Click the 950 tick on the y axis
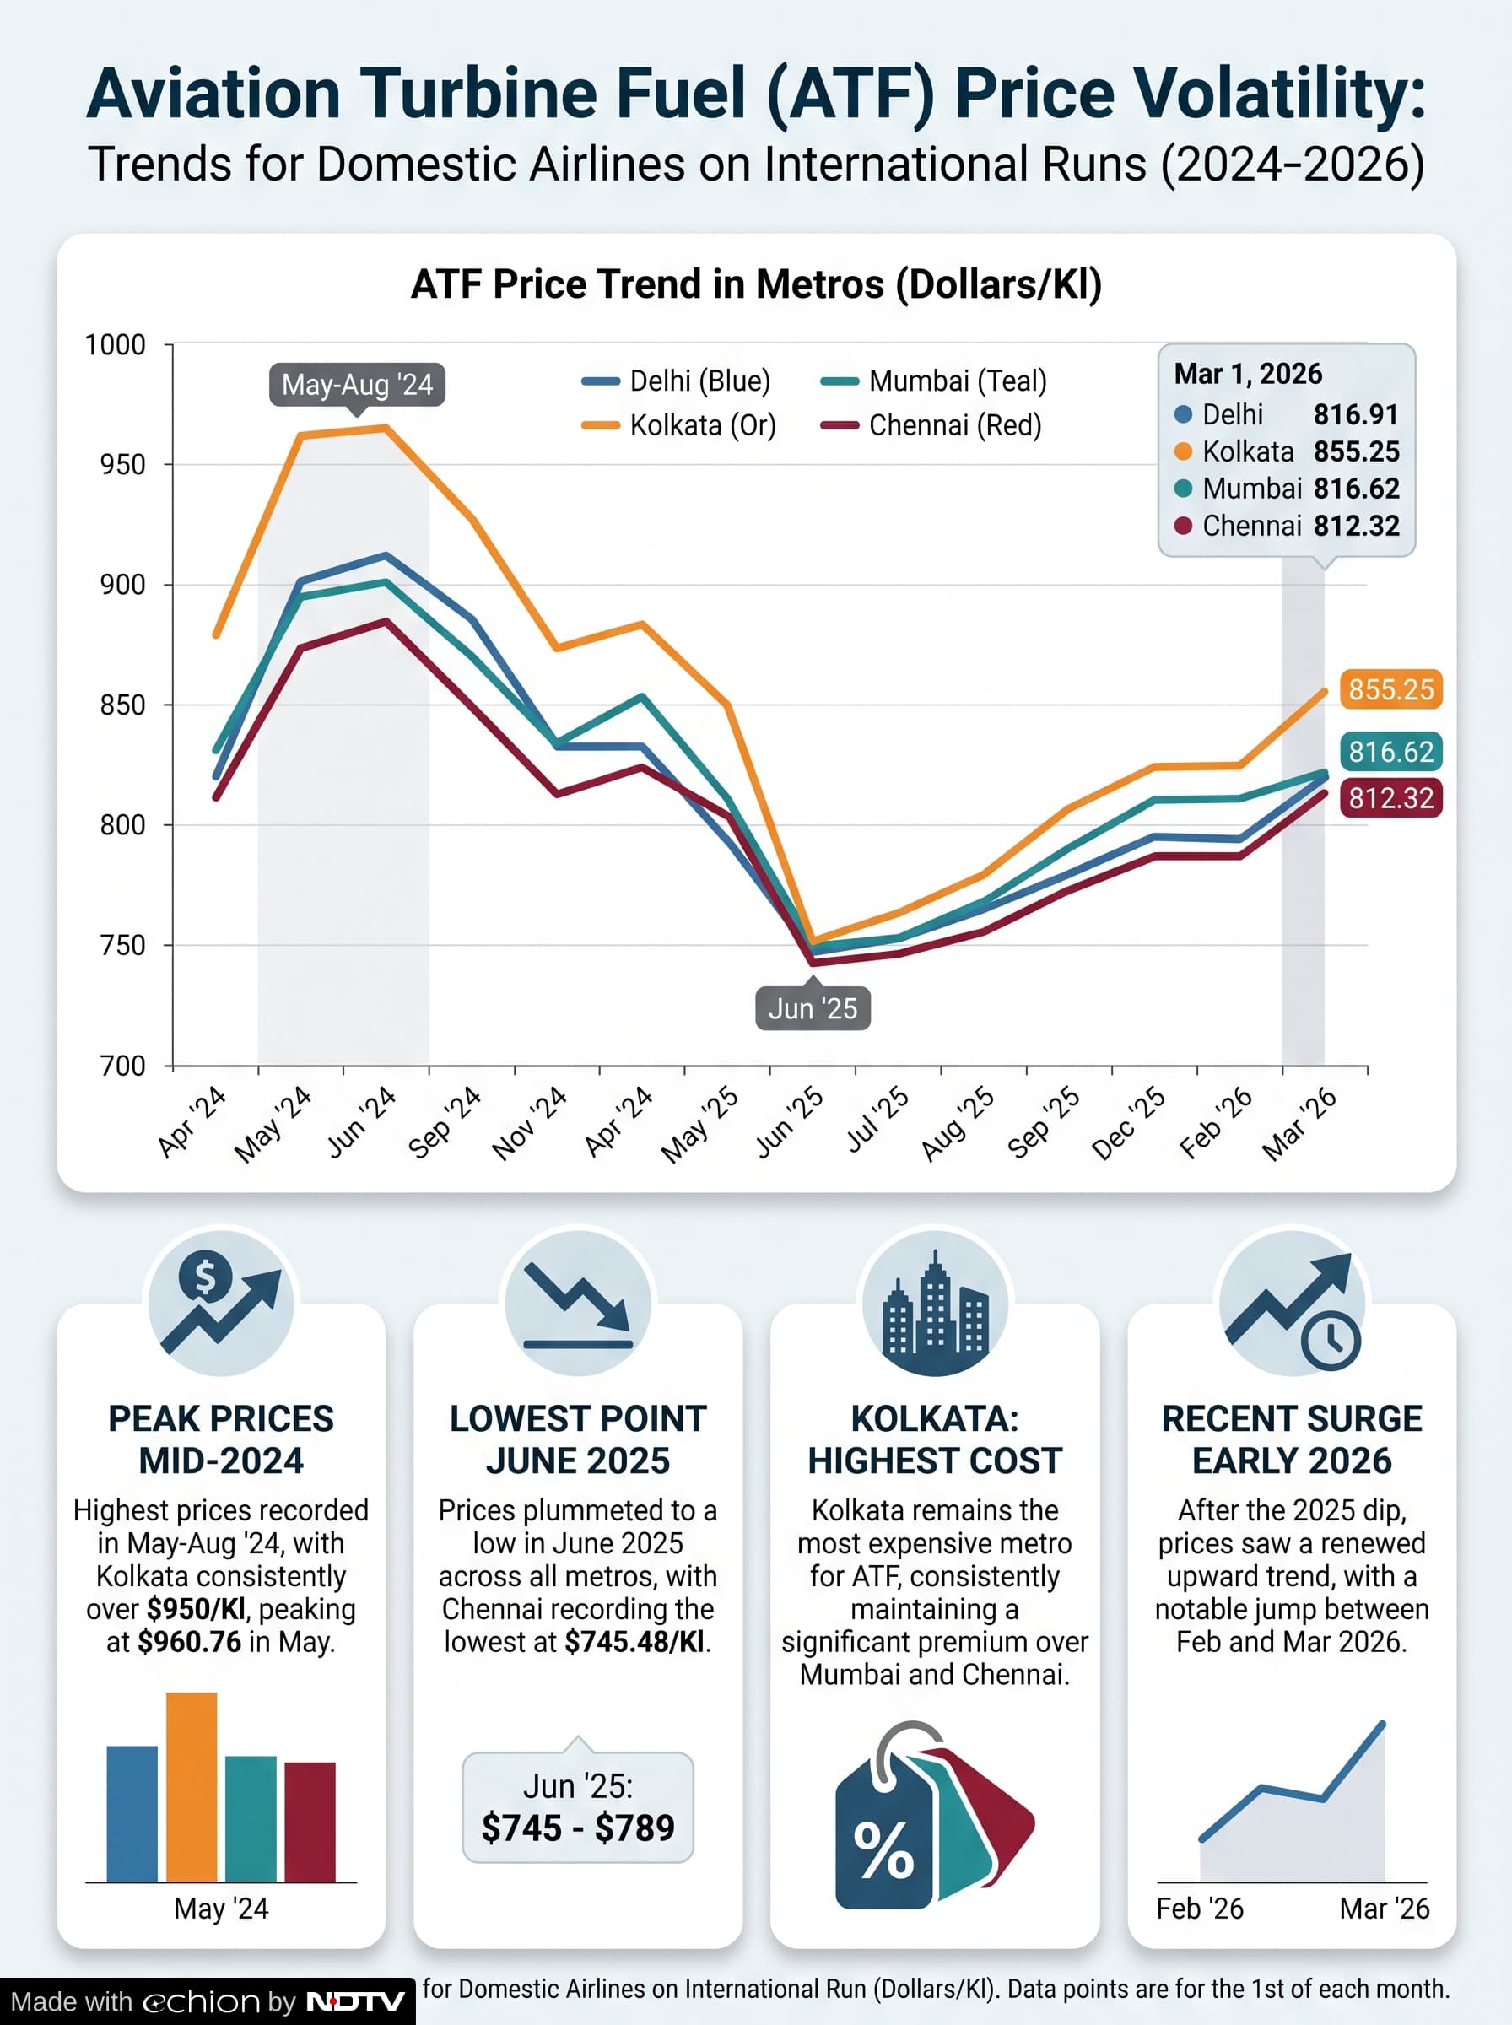(x=122, y=465)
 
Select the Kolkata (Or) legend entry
(x=679, y=425)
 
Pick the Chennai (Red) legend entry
(x=931, y=425)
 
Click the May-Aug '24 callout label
(x=357, y=384)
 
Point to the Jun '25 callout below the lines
(x=813, y=1008)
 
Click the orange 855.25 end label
(x=1391, y=689)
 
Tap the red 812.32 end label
(x=1391, y=798)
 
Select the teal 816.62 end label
(x=1391, y=751)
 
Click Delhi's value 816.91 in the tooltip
(x=1357, y=414)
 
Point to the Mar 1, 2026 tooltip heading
(x=1249, y=373)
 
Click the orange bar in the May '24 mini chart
(x=192, y=1787)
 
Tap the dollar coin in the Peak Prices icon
(x=205, y=1277)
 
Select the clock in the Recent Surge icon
(x=1331, y=1342)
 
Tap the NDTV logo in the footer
(x=355, y=2001)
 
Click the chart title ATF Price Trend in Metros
(x=756, y=284)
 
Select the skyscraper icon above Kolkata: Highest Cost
(x=935, y=1303)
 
